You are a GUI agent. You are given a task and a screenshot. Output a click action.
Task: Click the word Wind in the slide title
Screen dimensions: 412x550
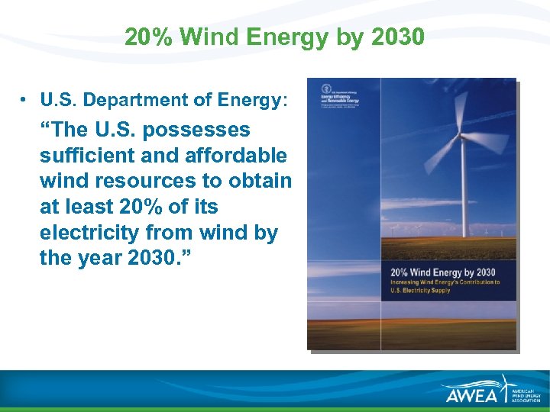205,37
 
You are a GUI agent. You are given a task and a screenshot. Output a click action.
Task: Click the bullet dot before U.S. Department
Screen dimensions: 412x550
25,100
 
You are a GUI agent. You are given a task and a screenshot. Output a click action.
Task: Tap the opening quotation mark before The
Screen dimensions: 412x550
44,127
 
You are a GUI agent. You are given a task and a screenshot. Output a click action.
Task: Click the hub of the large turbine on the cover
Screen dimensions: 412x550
461,141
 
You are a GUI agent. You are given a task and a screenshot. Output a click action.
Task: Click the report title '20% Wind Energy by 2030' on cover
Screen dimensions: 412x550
442,272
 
